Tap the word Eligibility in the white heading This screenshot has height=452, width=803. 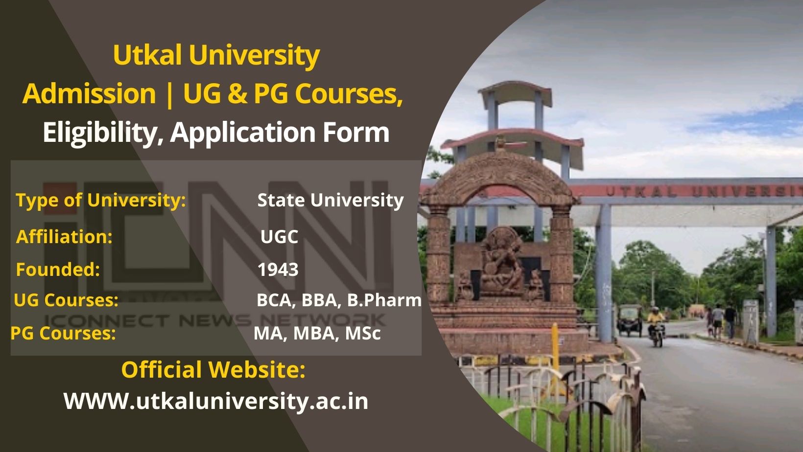click(x=102, y=133)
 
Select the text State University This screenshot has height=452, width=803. click(x=330, y=200)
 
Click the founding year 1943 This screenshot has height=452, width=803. click(x=278, y=270)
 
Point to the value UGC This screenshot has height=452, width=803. click(x=279, y=237)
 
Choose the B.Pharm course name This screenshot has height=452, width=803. click(x=384, y=300)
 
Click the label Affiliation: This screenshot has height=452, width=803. click(x=64, y=237)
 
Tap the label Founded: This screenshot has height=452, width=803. click(x=58, y=270)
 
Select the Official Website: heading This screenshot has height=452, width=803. click(x=213, y=369)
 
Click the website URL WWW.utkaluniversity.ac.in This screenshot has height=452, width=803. click(x=216, y=401)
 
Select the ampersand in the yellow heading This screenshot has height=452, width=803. click(x=237, y=93)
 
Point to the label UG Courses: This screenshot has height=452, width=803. click(x=66, y=300)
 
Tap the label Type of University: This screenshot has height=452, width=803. click(x=100, y=200)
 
